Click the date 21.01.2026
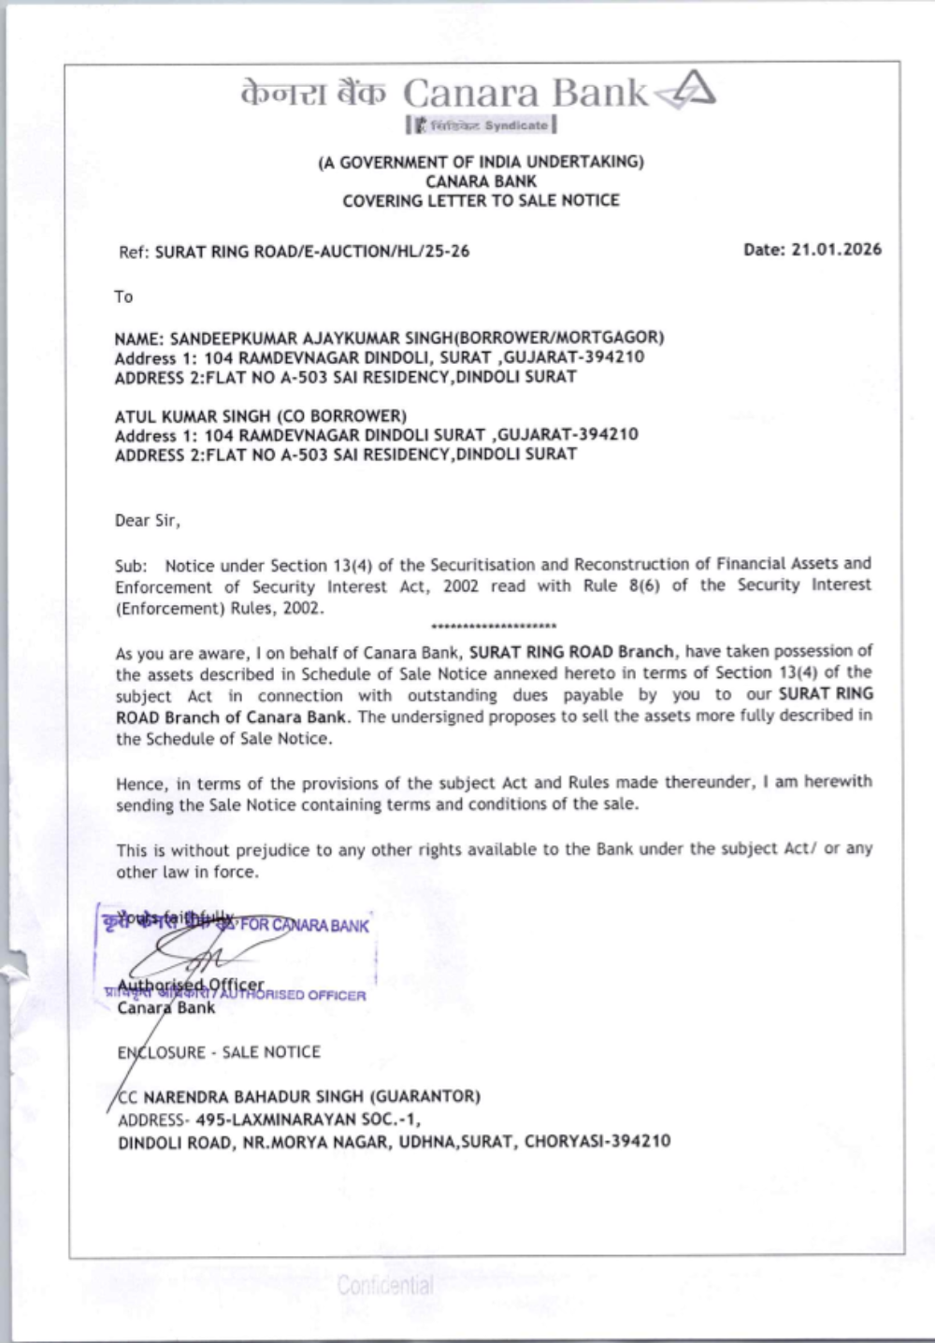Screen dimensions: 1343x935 tap(836, 250)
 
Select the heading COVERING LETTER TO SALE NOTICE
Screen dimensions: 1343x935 tap(481, 200)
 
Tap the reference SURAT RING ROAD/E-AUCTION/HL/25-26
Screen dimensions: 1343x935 tap(311, 252)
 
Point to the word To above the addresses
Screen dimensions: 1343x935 tap(123, 297)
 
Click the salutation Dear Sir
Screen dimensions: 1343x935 tap(147, 521)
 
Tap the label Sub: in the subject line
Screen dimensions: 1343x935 tap(131, 566)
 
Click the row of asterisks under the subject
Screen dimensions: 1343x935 tap(495, 626)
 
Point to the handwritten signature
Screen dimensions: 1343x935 tap(187, 954)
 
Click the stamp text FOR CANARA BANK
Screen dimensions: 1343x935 tap(305, 926)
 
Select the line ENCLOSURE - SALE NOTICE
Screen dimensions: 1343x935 tap(219, 1052)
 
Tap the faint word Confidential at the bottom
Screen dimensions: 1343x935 tap(385, 1285)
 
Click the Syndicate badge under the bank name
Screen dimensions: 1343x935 tap(482, 125)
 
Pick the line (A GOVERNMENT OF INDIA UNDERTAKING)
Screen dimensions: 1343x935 tap(481, 162)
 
